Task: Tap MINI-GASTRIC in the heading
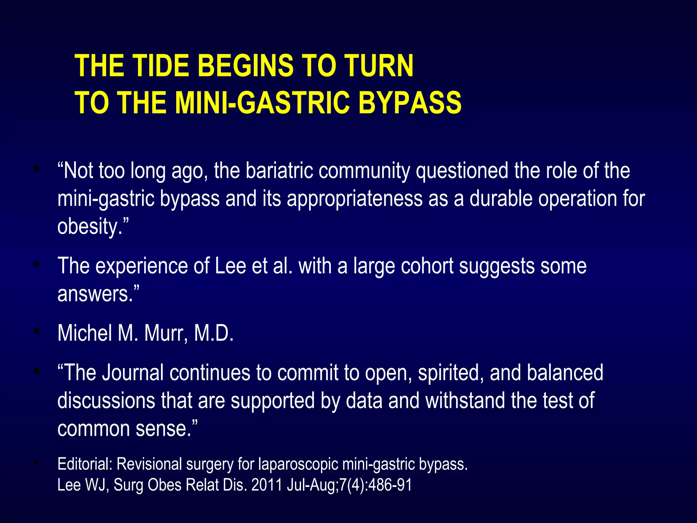[x=262, y=103]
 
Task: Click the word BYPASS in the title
[x=410, y=103]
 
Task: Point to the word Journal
[x=133, y=373]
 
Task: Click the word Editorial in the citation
[x=85, y=464]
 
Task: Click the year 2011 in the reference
[x=266, y=485]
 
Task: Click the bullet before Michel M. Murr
[x=37, y=331]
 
